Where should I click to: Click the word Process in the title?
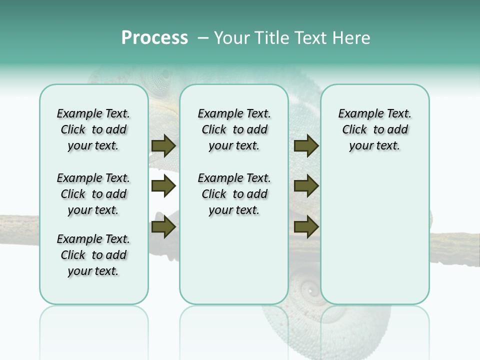click(154, 38)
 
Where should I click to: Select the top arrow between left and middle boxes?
click(163, 146)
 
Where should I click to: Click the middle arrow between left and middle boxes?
click(163, 186)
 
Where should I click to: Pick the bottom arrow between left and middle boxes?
click(163, 227)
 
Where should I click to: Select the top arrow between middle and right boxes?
click(306, 146)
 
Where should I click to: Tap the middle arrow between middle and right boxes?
click(306, 186)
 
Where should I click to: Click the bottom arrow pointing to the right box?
click(306, 227)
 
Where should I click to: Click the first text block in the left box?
click(93, 129)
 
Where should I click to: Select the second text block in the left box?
click(93, 194)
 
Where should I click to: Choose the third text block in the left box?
click(93, 255)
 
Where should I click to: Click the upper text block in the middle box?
click(234, 129)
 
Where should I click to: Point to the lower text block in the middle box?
click(234, 194)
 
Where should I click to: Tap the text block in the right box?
click(374, 129)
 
